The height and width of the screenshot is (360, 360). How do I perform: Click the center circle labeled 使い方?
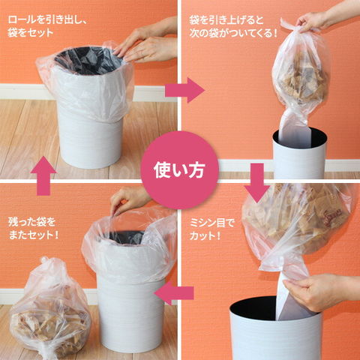[x=179, y=170]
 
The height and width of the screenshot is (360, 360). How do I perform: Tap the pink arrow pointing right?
[x=184, y=90]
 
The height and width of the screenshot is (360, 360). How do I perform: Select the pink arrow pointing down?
[x=256, y=183]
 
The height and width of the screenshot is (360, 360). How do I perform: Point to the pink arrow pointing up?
[x=43, y=175]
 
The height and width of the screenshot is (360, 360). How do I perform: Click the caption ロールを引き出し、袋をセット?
[x=47, y=26]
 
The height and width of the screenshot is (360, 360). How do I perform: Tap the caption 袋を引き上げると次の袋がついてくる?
[x=233, y=26]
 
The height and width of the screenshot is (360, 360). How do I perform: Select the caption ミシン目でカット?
[x=212, y=229]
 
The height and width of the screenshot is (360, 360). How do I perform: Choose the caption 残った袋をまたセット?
[x=34, y=228]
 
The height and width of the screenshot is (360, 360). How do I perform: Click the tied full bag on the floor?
[x=50, y=309]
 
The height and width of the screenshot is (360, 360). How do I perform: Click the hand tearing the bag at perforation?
[x=320, y=291]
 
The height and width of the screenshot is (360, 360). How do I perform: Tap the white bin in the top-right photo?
[x=299, y=154]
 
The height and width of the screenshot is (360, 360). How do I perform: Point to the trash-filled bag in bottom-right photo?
[x=298, y=225]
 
